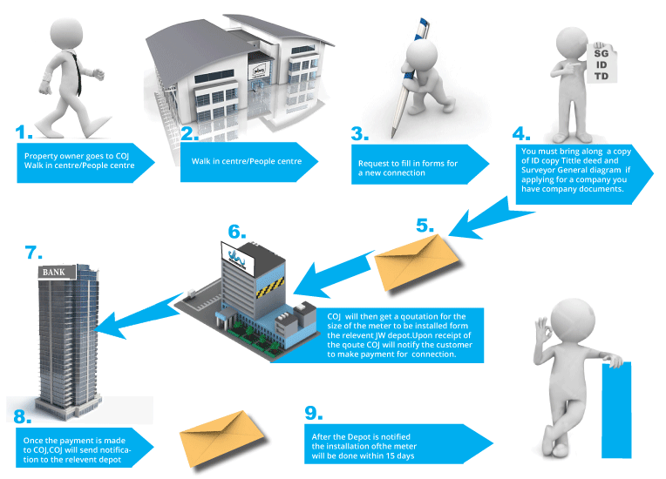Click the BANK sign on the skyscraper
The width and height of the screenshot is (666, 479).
pyautogui.click(x=55, y=273)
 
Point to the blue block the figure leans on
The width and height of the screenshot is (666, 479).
pyautogui.click(x=616, y=409)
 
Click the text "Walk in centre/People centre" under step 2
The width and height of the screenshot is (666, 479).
pyautogui.click(x=234, y=161)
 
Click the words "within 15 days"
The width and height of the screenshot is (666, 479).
pyautogui.click(x=380, y=457)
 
